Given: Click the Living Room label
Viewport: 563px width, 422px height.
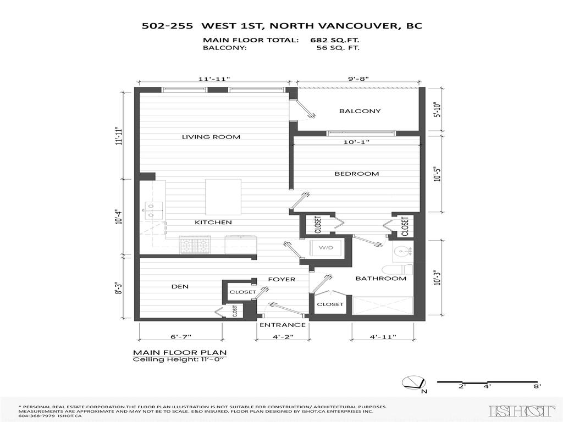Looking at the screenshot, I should (x=211, y=137).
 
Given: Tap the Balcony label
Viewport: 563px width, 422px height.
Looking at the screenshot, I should (x=360, y=111).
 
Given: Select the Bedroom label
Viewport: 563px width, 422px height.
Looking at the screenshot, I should (x=357, y=174).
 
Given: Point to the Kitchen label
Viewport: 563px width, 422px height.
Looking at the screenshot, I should (x=213, y=223).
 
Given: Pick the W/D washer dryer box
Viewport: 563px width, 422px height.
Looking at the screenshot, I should (x=327, y=248).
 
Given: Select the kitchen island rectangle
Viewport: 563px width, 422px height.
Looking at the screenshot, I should (x=223, y=197).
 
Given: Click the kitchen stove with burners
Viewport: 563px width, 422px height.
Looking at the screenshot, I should (x=195, y=244).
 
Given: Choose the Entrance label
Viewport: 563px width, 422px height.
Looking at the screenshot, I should (x=282, y=325).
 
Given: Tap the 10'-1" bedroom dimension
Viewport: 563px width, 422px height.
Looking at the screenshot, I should (x=356, y=142).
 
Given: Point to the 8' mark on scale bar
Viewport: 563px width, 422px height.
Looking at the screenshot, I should (x=538, y=387).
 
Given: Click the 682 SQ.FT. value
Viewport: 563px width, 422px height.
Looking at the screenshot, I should (x=335, y=40).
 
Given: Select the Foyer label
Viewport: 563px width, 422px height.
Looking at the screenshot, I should (x=281, y=279).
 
